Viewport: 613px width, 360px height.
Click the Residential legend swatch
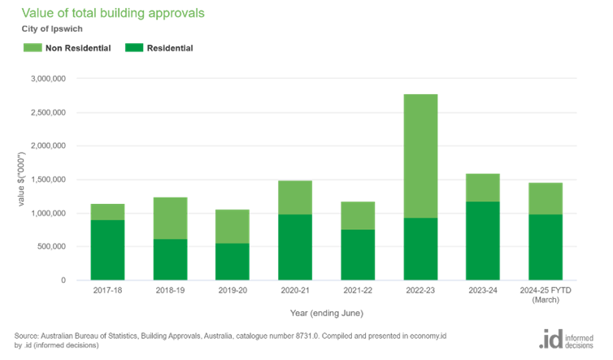[x=133, y=49]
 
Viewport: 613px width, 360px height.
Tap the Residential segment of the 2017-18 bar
[x=107, y=250]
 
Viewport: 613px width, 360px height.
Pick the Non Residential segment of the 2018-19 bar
[x=170, y=218]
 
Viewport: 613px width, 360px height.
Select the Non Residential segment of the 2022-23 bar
[x=420, y=155]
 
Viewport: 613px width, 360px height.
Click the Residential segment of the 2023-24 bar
[x=483, y=241]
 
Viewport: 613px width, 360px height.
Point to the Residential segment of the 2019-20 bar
[x=233, y=262]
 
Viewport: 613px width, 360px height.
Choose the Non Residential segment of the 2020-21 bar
[x=295, y=197]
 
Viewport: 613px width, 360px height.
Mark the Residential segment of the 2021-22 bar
[x=358, y=255]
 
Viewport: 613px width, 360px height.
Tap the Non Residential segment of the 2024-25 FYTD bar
[x=546, y=198]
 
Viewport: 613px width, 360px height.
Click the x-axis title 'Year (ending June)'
[x=325, y=313]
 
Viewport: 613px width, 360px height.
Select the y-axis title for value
[x=23, y=180]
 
